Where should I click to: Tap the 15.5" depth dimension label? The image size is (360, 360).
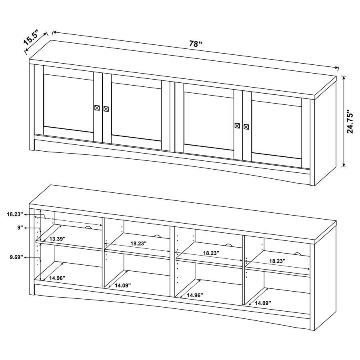[x=31, y=39]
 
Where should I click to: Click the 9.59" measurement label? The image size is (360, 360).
[x=16, y=258]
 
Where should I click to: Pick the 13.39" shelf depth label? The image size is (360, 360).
[x=57, y=239]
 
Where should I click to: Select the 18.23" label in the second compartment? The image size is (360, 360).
[x=138, y=243]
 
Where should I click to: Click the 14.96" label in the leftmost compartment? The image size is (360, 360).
[x=57, y=278]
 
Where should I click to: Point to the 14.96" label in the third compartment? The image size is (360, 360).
[x=194, y=295]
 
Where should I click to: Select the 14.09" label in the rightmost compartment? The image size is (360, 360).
[x=263, y=303]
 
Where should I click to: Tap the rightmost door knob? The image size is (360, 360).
[x=246, y=127]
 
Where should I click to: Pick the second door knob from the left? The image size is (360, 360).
[x=106, y=109]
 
